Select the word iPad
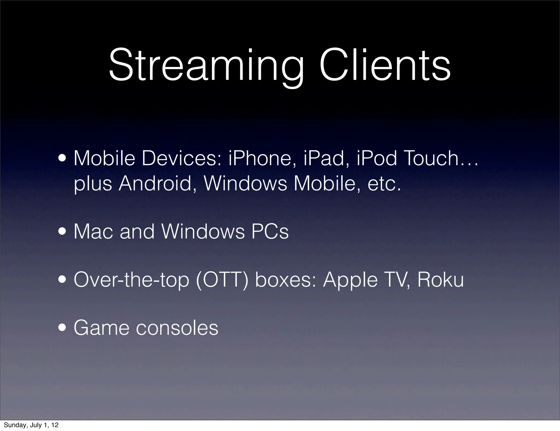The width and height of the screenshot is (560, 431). [324, 159]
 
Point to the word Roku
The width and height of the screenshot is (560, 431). [441, 280]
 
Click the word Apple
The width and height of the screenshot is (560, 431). [350, 281]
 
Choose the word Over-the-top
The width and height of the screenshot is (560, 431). [131, 281]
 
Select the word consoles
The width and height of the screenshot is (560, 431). [177, 328]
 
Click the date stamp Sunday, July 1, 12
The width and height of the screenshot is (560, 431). [31, 425]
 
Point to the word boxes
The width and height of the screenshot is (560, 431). [285, 280]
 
